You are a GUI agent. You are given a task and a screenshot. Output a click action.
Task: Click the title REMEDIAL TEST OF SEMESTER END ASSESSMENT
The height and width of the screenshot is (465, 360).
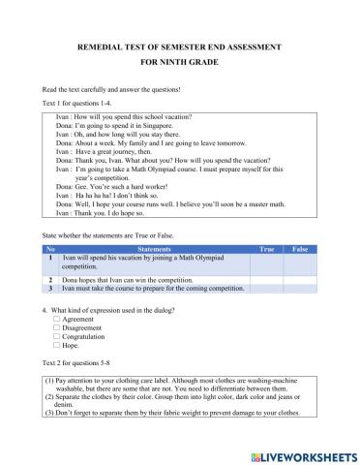click(179, 46)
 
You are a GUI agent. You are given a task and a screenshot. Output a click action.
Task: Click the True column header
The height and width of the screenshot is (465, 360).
click(267, 250)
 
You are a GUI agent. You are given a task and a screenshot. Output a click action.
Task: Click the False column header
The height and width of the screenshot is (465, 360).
click(300, 250)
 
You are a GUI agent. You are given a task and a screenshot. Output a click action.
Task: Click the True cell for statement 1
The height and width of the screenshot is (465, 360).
click(267, 263)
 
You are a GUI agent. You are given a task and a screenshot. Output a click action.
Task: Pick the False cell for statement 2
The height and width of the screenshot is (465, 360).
click(300, 279)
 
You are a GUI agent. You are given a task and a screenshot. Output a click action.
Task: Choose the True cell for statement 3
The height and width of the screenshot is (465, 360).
click(267, 288)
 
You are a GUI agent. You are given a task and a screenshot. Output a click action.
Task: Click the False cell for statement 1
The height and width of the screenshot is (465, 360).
click(300, 263)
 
